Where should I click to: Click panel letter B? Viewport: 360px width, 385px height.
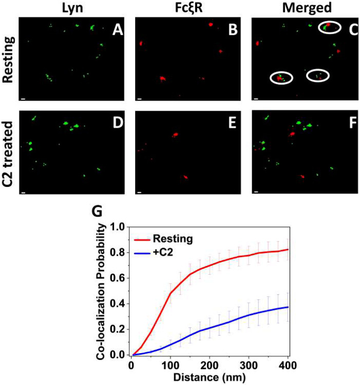(x=234, y=31)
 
